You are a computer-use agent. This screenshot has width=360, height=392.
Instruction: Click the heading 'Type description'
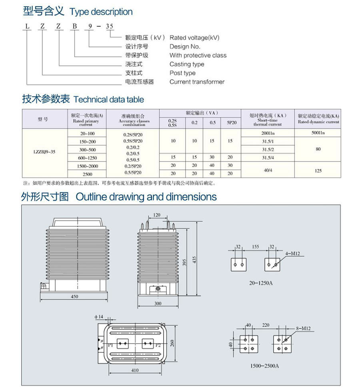tap(101, 12)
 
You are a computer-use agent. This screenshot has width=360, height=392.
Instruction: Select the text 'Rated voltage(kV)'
tap(194, 38)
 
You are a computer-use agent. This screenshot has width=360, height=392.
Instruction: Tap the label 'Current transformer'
tap(197, 82)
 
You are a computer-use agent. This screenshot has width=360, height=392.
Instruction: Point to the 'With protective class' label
tap(198, 55)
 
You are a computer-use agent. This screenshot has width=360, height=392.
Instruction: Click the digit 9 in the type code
tap(90, 26)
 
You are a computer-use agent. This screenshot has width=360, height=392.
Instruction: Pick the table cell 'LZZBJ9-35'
tap(43, 152)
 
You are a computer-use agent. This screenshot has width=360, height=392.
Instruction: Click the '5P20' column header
tap(230, 122)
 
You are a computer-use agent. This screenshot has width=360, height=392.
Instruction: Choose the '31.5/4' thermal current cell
tap(267, 158)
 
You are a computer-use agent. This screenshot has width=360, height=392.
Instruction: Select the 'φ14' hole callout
tap(99, 317)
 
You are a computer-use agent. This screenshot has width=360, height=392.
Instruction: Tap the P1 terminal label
tap(111, 344)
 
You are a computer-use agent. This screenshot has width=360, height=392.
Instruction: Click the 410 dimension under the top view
tap(135, 370)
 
